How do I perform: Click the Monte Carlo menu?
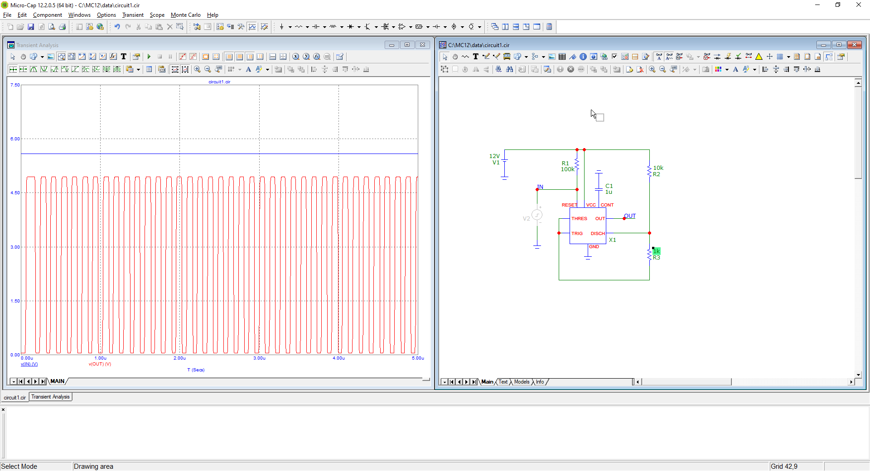click(185, 15)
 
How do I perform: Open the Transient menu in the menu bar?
click(133, 15)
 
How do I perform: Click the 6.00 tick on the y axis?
click(15, 139)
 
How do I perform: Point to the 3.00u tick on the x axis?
click(259, 358)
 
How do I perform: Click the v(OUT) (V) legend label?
click(100, 364)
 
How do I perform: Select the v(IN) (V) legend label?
click(29, 364)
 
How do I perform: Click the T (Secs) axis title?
click(196, 370)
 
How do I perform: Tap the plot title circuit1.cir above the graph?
click(219, 82)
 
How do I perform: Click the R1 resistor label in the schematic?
click(565, 163)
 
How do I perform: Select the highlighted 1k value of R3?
click(657, 251)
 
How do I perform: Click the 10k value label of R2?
click(658, 168)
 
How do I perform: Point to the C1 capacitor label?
click(609, 186)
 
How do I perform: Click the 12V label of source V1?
click(494, 156)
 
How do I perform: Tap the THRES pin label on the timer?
click(579, 219)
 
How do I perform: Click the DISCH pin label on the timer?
click(598, 234)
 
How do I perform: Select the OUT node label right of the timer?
click(630, 216)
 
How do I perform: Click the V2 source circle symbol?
click(537, 215)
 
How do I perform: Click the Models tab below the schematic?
click(522, 382)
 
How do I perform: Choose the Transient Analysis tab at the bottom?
click(50, 397)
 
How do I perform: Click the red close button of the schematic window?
click(854, 45)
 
